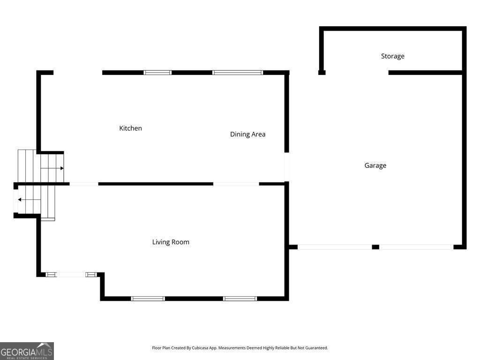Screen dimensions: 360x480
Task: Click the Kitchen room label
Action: [130, 128]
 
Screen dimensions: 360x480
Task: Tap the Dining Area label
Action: [247, 134]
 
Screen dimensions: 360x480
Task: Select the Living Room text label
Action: [171, 242]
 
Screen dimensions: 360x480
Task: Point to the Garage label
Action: [375, 165]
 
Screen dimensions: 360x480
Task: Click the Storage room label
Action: [392, 56]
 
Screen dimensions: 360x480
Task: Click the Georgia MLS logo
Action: [27, 351]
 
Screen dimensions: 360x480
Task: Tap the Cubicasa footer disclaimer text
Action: [240, 348]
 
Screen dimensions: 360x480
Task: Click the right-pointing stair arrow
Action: [56, 168]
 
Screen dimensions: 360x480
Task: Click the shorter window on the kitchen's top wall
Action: [157, 73]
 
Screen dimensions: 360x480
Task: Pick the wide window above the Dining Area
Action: [238, 73]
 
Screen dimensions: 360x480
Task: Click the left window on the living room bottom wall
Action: [148, 298]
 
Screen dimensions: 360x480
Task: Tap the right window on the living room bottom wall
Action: [240, 298]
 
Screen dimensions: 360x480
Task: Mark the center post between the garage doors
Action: [375, 247]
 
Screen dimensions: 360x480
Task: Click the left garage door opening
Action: [335, 247]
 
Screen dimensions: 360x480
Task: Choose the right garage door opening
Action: [416, 247]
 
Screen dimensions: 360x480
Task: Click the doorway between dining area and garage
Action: [287, 167]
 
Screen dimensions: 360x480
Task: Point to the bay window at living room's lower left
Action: [71, 274]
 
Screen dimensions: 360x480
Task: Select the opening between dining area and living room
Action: [236, 184]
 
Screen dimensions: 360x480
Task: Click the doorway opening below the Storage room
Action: [357, 73]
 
